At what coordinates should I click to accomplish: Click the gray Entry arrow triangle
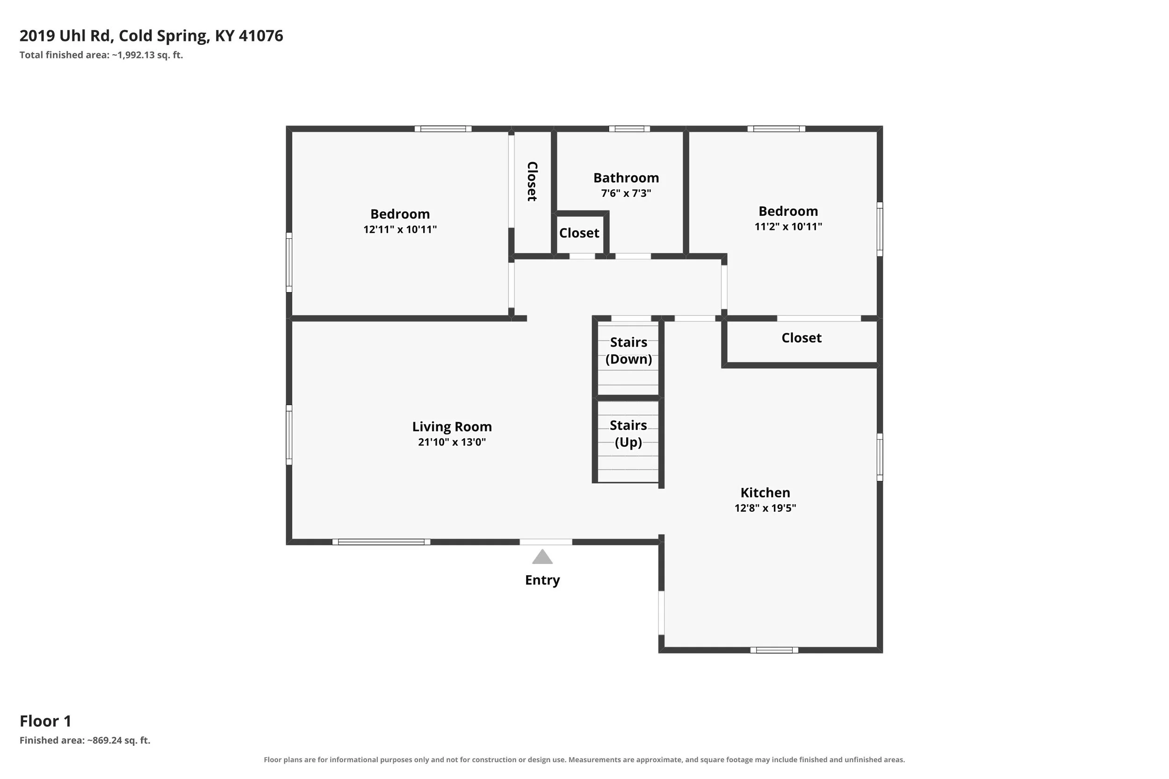(x=542, y=557)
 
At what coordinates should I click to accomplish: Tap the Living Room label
(x=452, y=427)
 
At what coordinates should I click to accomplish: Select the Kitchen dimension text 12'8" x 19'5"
(x=765, y=508)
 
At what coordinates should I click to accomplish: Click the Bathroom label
(x=626, y=178)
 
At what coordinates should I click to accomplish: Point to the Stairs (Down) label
(x=629, y=351)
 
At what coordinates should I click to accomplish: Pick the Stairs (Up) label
(x=628, y=434)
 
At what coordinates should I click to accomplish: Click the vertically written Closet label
(x=532, y=181)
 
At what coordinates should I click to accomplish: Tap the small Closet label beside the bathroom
(x=579, y=233)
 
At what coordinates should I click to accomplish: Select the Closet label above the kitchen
(x=801, y=338)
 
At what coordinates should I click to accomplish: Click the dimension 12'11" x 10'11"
(x=400, y=229)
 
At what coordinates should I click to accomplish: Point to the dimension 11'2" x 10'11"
(x=788, y=226)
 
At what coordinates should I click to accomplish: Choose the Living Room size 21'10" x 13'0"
(x=452, y=442)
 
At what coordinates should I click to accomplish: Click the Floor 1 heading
(x=46, y=721)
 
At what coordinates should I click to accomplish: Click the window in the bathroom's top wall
(x=629, y=129)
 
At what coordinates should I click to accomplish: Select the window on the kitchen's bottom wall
(x=774, y=650)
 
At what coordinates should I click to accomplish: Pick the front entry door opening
(x=546, y=542)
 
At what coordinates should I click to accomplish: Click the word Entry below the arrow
(x=542, y=580)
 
